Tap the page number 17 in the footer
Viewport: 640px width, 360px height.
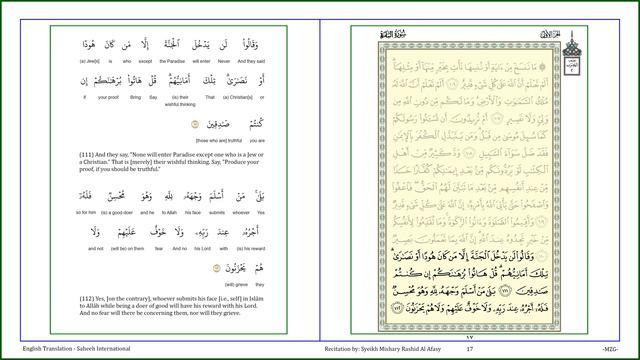[x=469, y=348]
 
